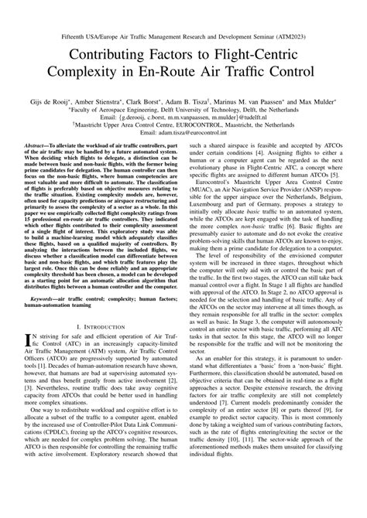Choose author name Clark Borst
[x=170, y=98]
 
